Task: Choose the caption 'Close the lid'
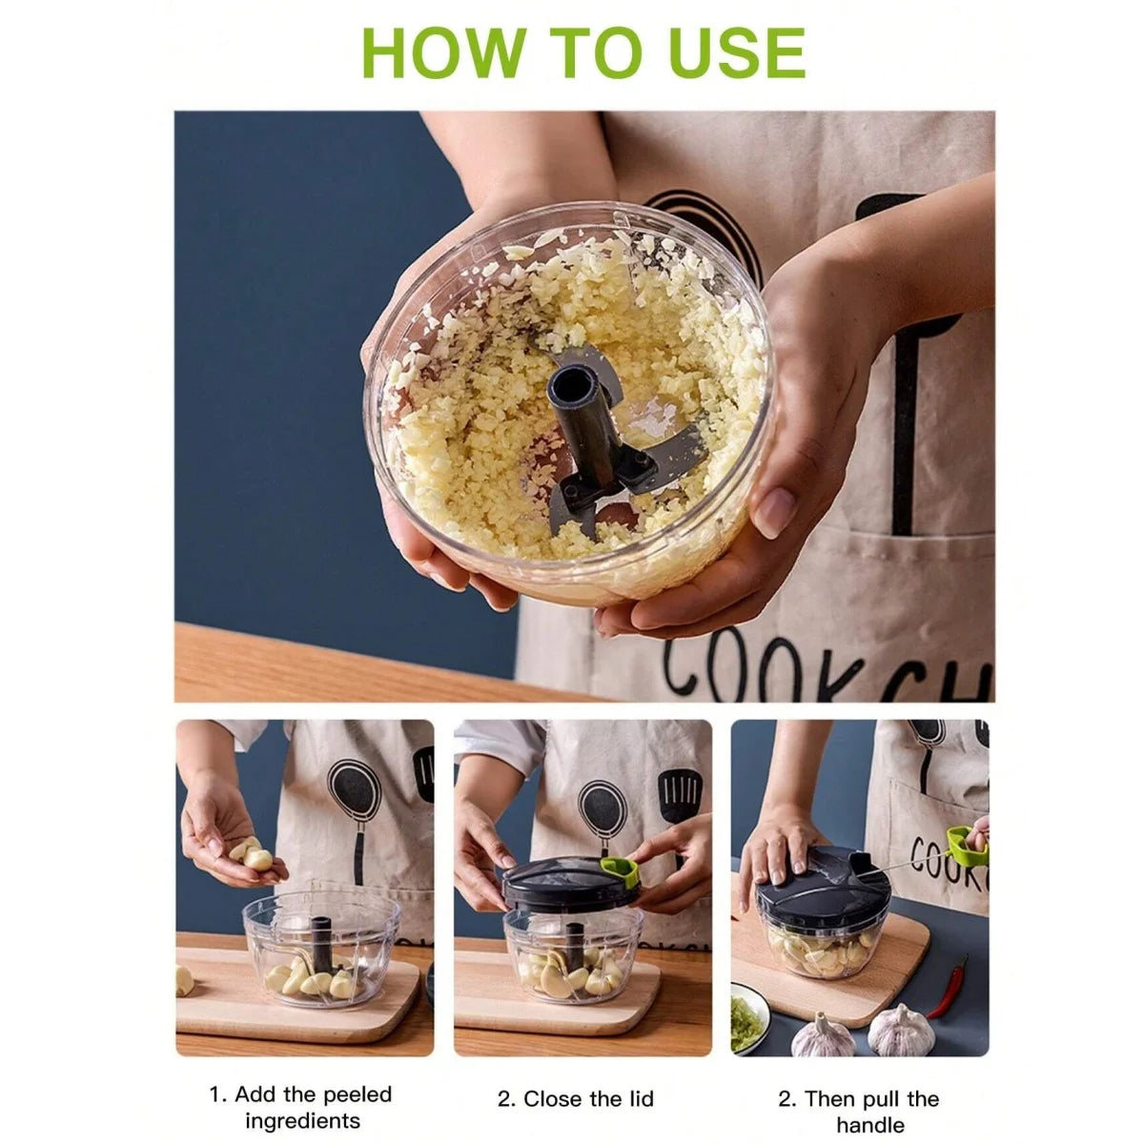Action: [576, 1099]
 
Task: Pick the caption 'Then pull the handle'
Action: [858, 1112]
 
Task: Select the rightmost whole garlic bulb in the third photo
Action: [900, 1030]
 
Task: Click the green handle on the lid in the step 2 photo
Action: [621, 869]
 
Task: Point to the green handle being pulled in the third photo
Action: [965, 843]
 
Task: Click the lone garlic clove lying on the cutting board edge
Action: [183, 981]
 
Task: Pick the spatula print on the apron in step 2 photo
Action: [679, 797]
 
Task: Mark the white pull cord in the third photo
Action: [906, 864]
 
